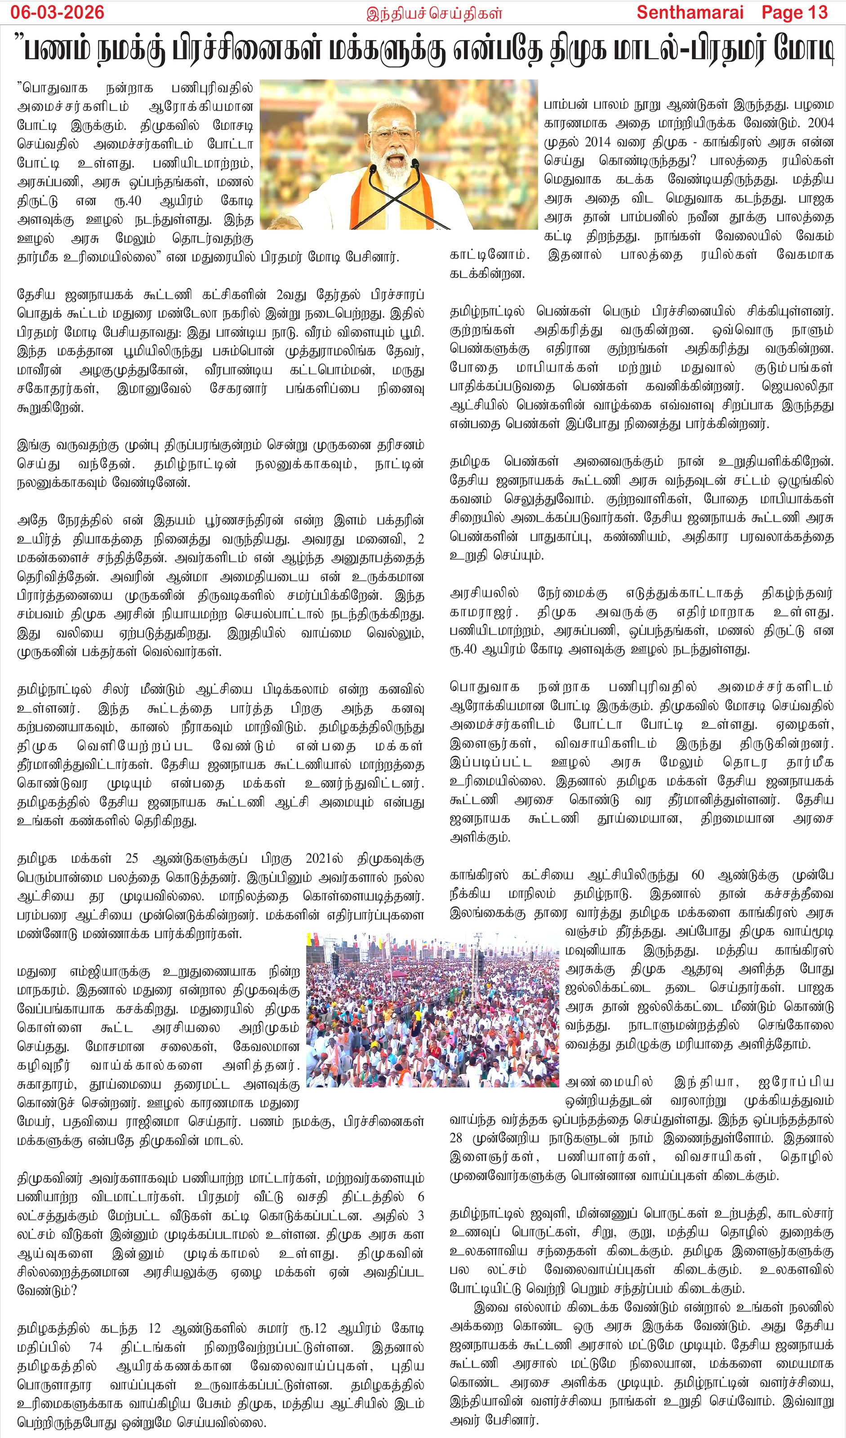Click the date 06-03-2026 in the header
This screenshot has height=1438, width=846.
point(57,12)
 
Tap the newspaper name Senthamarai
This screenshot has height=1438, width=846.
point(690,12)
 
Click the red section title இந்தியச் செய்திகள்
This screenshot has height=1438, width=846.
point(434,13)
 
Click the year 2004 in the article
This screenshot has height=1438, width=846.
point(820,123)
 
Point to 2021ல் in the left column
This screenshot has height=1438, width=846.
point(324,858)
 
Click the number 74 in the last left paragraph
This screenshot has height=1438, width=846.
point(95,1347)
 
